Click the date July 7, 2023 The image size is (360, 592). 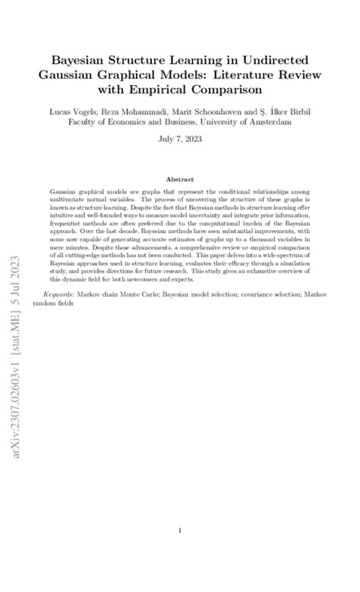(179, 140)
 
